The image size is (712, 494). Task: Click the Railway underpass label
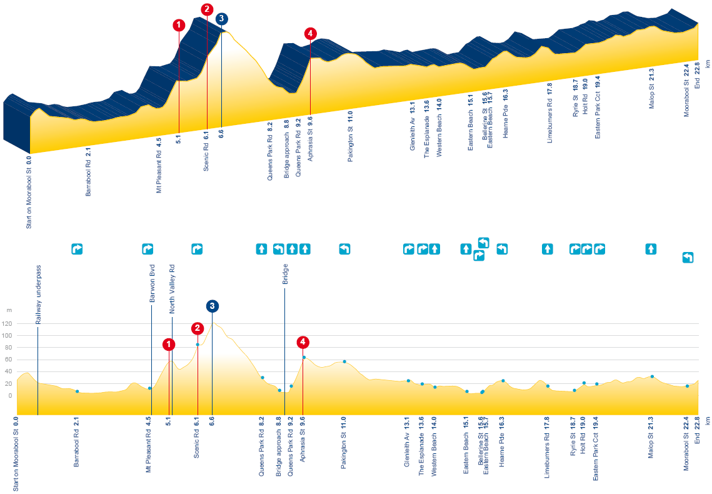coord(38,295)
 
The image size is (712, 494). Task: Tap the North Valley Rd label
coord(172,289)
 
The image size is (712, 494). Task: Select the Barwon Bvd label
coord(152,283)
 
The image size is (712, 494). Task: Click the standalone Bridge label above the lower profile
coord(285,275)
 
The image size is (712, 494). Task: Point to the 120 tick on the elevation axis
coord(7,324)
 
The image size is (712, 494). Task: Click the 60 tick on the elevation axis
coord(9,360)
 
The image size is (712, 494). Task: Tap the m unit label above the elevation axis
coord(9,311)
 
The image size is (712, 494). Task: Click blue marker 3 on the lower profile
coord(212,306)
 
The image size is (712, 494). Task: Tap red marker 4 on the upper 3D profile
coord(310,34)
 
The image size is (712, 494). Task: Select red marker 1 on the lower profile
coord(168,345)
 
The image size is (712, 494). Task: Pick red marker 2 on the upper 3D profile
coord(207,9)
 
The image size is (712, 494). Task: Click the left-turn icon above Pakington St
coord(344,249)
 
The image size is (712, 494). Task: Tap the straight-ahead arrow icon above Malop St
coord(651,249)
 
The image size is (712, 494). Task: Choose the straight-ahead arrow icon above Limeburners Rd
coord(547,249)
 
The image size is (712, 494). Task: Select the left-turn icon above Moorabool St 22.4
coord(688,258)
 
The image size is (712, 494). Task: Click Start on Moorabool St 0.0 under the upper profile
coord(29,192)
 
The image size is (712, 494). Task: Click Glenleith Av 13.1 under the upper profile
coord(413,126)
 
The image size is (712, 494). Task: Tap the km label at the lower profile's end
coord(708,421)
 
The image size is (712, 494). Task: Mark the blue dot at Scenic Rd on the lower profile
coord(198,345)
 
